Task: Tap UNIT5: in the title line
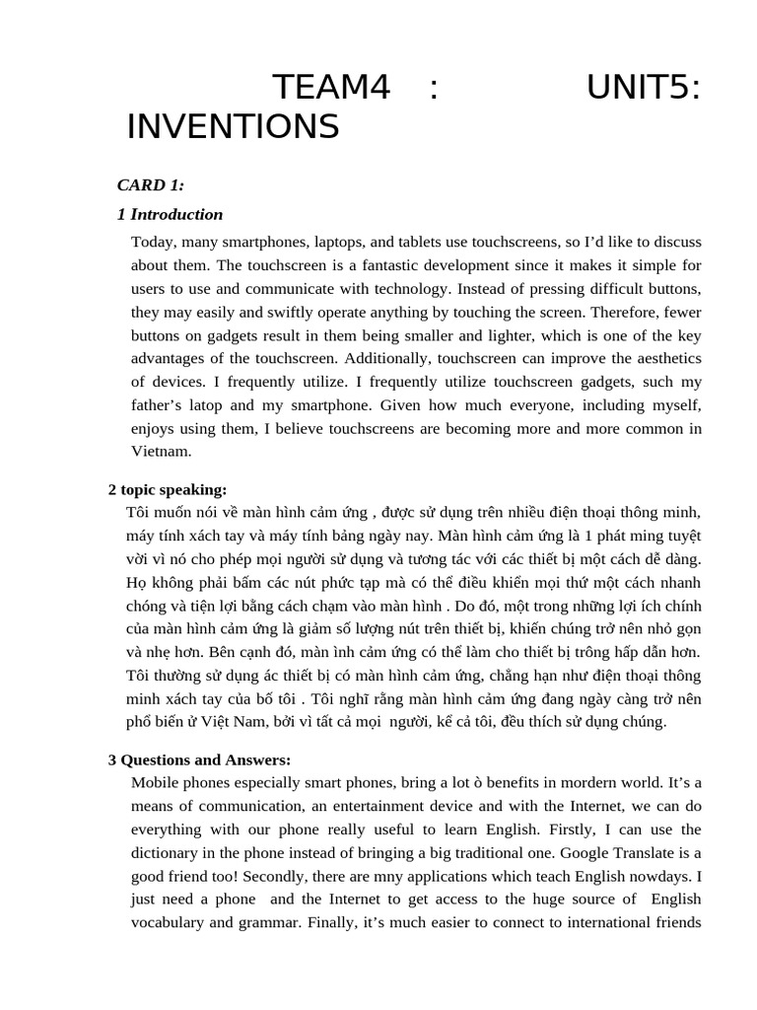644,89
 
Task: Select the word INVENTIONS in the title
233,127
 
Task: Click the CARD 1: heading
150,184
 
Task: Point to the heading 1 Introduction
170,214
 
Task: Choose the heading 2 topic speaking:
167,489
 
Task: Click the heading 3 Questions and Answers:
199,759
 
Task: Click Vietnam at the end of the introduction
161,451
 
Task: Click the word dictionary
169,852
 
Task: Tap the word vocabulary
169,922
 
